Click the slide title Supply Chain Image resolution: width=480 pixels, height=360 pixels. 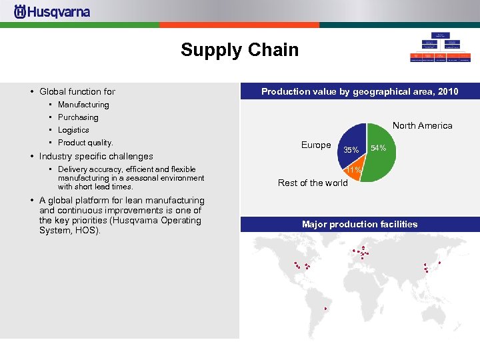click(x=239, y=50)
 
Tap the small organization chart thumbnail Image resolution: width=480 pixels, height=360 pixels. click(x=440, y=47)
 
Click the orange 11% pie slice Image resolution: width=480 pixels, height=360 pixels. click(x=353, y=169)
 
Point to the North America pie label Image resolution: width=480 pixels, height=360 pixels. click(x=422, y=125)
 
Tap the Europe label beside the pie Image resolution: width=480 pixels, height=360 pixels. click(x=316, y=145)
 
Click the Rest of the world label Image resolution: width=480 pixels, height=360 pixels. click(x=313, y=183)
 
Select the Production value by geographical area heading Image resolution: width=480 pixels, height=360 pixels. click(x=359, y=91)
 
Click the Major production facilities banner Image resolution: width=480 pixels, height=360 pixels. click(x=359, y=224)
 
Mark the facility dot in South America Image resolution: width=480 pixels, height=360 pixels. click(x=325, y=309)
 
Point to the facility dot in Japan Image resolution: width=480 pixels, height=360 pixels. click(x=440, y=263)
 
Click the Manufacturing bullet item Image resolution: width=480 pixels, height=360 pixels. click(x=83, y=105)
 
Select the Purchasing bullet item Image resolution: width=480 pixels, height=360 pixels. click(x=78, y=117)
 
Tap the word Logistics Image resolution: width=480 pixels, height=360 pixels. click(x=73, y=130)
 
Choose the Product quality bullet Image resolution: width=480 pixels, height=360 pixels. click(x=85, y=143)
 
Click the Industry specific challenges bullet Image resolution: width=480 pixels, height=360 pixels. click(x=96, y=156)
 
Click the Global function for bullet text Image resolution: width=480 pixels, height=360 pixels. click(x=77, y=91)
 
